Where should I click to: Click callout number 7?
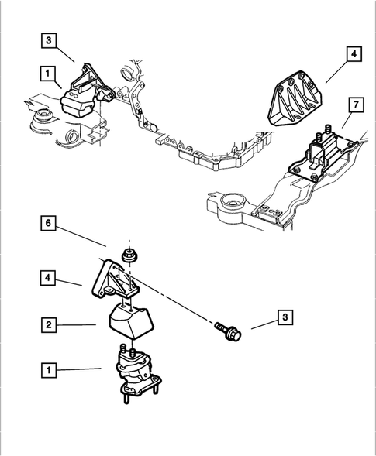pos(356,105)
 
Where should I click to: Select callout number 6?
pos(48,223)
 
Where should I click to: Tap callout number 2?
pos(49,324)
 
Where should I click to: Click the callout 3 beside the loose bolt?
pos(285,317)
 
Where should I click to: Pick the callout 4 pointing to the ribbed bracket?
pos(354,53)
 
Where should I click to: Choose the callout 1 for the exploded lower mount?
pos(49,370)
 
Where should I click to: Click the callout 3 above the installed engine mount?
pos(49,40)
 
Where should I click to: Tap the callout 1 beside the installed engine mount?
pos(48,74)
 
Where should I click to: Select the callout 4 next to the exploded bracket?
pos(48,278)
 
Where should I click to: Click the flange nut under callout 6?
pos(130,255)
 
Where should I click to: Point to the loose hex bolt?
pos(229,331)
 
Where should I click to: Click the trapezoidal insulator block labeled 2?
pos(131,321)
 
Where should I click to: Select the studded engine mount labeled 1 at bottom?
pos(138,374)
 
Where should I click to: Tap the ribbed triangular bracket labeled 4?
pos(295,98)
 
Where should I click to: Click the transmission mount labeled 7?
pos(322,155)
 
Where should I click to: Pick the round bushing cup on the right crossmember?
pos(233,201)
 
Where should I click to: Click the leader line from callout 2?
pos(76,324)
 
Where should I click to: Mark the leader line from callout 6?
pos(81,235)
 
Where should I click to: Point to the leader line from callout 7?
pos(347,120)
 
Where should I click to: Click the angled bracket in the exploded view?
pos(115,279)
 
